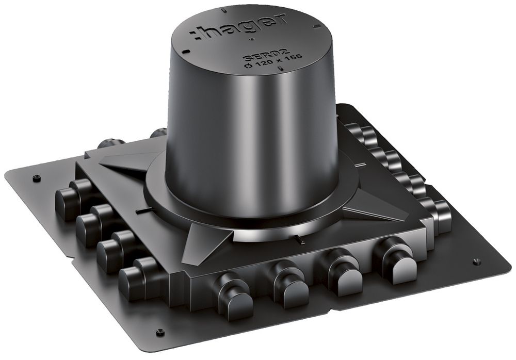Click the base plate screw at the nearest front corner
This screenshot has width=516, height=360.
click(160, 331)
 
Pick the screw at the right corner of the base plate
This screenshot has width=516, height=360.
click(477, 261)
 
